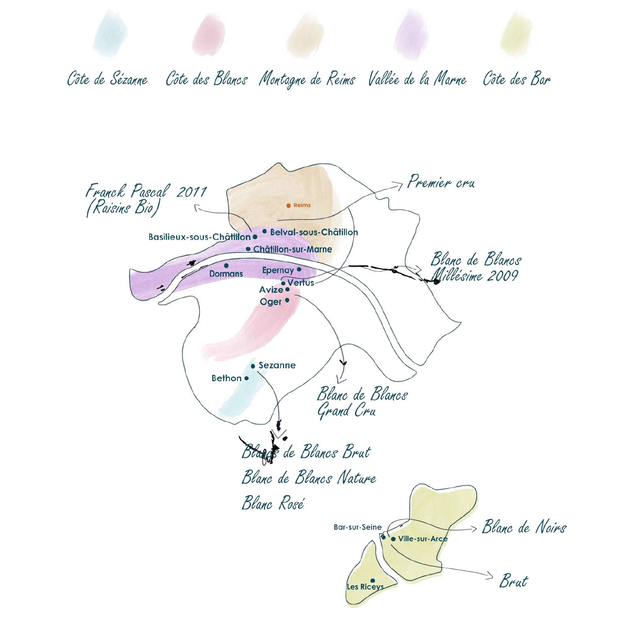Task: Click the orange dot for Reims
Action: (x=289, y=206)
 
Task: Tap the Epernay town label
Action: (x=278, y=270)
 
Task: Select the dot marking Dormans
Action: (x=226, y=266)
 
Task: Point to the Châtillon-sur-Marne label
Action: (x=293, y=249)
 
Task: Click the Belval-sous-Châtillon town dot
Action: (x=264, y=231)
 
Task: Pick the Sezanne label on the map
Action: (x=277, y=365)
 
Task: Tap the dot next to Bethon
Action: (x=246, y=378)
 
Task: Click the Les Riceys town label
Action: (x=365, y=596)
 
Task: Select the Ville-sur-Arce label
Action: (x=423, y=539)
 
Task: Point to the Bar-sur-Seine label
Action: (x=357, y=527)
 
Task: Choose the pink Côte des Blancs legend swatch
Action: (x=209, y=35)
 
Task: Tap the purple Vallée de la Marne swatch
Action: (x=411, y=35)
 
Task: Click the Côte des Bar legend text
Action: (x=517, y=79)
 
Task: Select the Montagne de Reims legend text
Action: (x=307, y=80)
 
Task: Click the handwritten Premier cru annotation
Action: (x=441, y=182)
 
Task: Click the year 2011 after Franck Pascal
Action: (x=192, y=192)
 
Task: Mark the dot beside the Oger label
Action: (x=287, y=300)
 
